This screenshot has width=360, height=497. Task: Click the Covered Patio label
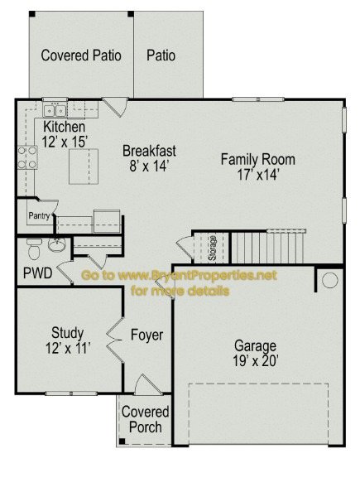(81, 55)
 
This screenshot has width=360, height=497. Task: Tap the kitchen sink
(55, 110)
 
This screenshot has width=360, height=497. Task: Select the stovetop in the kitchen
(27, 157)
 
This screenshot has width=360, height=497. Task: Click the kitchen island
(84, 166)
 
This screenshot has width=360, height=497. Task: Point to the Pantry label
(39, 216)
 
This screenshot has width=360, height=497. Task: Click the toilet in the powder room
(34, 248)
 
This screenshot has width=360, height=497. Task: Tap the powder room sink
(56, 244)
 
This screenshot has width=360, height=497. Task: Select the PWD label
(38, 273)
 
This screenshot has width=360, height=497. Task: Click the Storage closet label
(212, 248)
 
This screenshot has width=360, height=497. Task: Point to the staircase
(268, 247)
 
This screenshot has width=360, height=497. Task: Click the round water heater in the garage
(329, 280)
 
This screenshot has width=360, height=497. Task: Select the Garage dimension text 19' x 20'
(256, 361)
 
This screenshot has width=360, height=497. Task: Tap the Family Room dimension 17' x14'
(258, 175)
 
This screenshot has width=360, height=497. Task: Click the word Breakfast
(149, 151)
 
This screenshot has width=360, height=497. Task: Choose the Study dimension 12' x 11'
(68, 349)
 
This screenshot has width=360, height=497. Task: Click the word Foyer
(147, 335)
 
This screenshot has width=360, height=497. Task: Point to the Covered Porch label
(146, 420)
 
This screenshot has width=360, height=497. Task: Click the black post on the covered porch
(122, 442)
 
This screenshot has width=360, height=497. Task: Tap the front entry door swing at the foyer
(148, 384)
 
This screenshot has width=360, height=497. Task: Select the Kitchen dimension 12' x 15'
(65, 142)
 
